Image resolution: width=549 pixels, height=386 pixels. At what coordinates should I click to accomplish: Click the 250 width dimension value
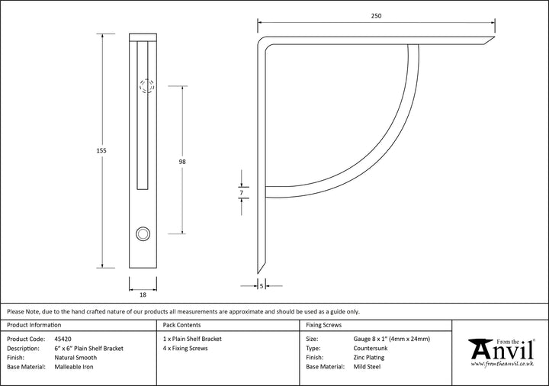tap(376, 15)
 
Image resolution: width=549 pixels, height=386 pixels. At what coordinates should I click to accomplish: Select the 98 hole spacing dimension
tap(182, 162)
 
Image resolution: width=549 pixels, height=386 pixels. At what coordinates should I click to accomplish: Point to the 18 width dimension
tap(143, 294)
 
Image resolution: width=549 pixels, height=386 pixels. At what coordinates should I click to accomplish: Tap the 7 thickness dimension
tap(241, 194)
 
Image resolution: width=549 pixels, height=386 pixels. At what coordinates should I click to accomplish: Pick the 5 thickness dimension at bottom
tap(262, 286)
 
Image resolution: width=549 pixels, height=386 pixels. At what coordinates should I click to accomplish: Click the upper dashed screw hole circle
tap(146, 86)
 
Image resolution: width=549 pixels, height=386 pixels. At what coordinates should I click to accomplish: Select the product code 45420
tap(64, 338)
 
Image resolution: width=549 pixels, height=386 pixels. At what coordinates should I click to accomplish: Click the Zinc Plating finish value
tap(369, 357)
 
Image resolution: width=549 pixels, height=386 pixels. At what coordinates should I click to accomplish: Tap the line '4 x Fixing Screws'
tap(185, 348)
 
